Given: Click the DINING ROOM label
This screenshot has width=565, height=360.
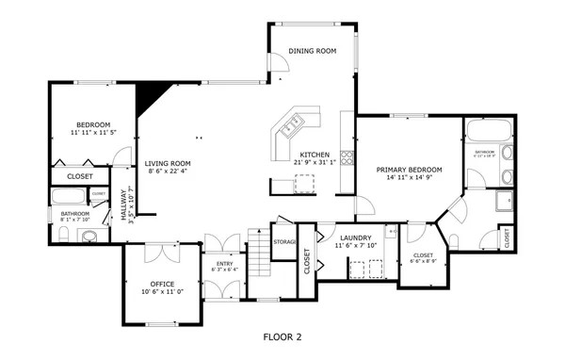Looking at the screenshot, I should click(312, 52).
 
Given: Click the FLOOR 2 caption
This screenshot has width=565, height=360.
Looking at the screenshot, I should click(282, 335).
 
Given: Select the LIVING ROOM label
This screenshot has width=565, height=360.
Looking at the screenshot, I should click(167, 163).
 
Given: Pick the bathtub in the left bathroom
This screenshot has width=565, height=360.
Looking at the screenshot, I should click(68, 197).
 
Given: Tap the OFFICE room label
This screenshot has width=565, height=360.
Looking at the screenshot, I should click(163, 284).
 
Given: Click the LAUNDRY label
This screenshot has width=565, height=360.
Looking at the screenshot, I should click(355, 237).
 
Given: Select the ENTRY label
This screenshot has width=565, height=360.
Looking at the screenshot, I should click(225, 264).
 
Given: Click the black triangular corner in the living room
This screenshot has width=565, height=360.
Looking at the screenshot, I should click(149, 94).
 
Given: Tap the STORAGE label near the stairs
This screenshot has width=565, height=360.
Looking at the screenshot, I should click(284, 242).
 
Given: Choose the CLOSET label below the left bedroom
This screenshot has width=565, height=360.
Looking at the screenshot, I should click(80, 175).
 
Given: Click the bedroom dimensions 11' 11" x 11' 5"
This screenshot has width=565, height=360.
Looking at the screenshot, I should click(92, 133).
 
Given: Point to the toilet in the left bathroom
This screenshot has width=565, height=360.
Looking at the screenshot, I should click(89, 236).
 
